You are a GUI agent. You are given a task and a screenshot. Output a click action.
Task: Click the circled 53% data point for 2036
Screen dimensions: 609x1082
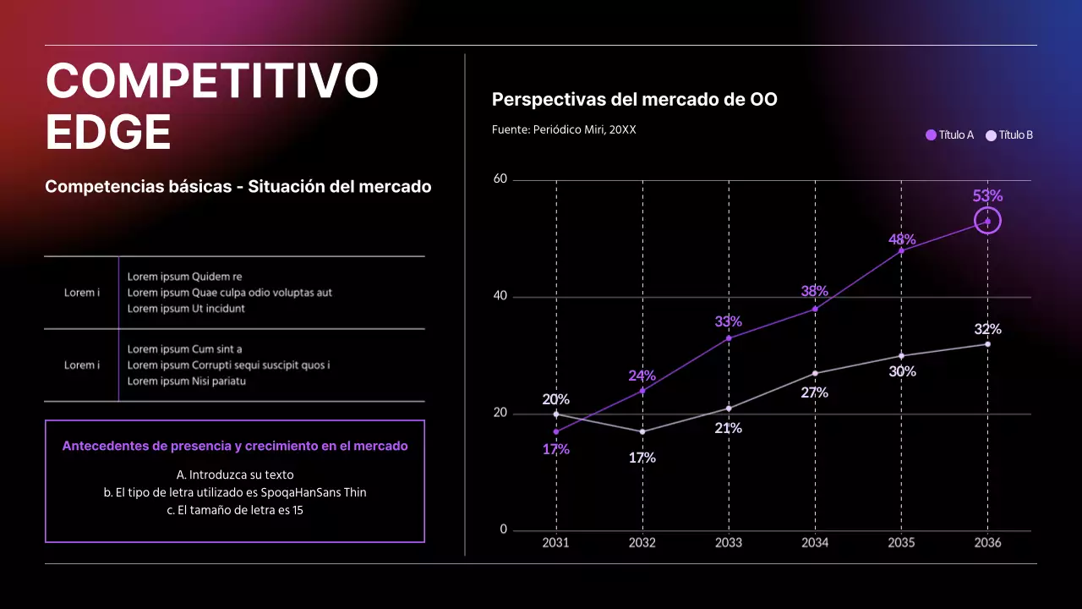(987, 221)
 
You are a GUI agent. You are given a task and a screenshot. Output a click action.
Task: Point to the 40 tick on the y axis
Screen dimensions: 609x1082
(500, 296)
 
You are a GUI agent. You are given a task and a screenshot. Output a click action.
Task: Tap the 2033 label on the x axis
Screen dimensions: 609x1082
(728, 543)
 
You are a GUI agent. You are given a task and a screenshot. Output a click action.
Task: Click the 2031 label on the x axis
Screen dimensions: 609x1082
(555, 543)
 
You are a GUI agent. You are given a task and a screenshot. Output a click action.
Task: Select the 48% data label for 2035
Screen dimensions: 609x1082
(901, 239)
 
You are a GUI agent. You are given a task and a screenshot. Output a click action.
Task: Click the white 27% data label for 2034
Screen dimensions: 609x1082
(814, 392)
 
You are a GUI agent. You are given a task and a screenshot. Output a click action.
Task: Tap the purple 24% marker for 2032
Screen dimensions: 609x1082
(642, 391)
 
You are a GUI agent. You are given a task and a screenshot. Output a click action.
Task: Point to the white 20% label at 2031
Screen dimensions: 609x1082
(555, 399)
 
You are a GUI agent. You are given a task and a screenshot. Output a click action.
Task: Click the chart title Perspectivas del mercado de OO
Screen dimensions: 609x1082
(634, 100)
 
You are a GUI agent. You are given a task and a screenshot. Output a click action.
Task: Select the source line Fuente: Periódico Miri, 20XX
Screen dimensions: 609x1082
(564, 130)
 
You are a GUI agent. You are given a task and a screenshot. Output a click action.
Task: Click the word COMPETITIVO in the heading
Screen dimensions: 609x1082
(212, 82)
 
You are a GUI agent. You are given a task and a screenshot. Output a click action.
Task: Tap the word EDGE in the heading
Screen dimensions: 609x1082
(108, 133)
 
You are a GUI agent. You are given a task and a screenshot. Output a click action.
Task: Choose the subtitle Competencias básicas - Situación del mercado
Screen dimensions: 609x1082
(238, 187)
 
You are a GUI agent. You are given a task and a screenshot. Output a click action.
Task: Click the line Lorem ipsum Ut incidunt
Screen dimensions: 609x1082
(186, 309)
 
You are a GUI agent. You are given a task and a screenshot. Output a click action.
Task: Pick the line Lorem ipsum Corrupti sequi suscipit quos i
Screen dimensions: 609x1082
(228, 365)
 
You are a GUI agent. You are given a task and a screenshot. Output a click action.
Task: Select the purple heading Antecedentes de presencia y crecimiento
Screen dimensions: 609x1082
(235, 446)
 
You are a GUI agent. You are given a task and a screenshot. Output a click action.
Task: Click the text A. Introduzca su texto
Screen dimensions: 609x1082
(235, 475)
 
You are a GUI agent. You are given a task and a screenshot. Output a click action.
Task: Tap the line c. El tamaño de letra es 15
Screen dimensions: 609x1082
(235, 510)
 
